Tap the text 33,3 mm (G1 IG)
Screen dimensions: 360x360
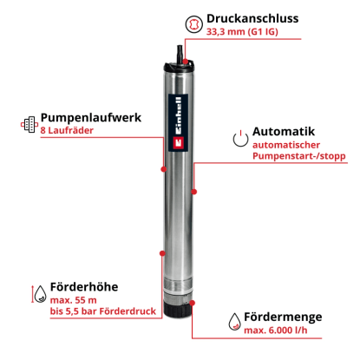(242, 31)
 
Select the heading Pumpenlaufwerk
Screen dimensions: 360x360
(91, 118)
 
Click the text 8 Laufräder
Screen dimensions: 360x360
(67, 130)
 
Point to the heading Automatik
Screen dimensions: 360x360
(284, 132)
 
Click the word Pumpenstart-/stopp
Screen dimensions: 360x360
(299, 156)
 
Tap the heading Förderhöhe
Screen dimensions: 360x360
(84, 287)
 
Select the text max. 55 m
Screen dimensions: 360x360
(74, 300)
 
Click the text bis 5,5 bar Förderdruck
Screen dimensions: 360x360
(103, 311)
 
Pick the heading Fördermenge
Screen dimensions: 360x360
(283, 317)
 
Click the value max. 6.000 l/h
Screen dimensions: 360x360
(276, 331)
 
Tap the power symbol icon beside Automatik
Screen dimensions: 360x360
(240, 139)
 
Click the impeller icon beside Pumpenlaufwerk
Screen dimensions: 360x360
(29, 125)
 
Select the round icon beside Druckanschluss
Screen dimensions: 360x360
(193, 24)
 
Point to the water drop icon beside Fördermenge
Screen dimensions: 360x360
(234, 321)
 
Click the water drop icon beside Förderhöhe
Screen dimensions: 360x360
(40, 294)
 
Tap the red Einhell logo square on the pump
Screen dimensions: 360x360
(179, 142)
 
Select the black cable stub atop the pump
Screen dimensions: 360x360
(180, 54)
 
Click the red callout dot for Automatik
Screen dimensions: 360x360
(194, 192)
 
